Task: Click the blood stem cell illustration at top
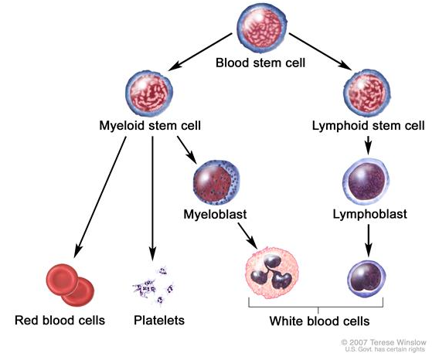[262, 29]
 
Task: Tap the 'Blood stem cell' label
[260, 63]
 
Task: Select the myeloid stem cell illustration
[149, 93]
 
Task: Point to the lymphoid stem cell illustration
[367, 93]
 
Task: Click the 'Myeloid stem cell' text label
[150, 125]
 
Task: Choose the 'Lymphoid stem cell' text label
[369, 125]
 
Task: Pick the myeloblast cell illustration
[216, 183]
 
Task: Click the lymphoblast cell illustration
[366, 182]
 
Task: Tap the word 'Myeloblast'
[215, 215]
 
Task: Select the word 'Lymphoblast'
[370, 215]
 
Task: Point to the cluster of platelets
[154, 286]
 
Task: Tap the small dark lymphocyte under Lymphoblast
[366, 279]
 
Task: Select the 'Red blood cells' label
[60, 321]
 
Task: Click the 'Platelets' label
[159, 321]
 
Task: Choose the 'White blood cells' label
[319, 321]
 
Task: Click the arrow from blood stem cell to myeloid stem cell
[200, 52]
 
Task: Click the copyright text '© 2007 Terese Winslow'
[383, 342]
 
